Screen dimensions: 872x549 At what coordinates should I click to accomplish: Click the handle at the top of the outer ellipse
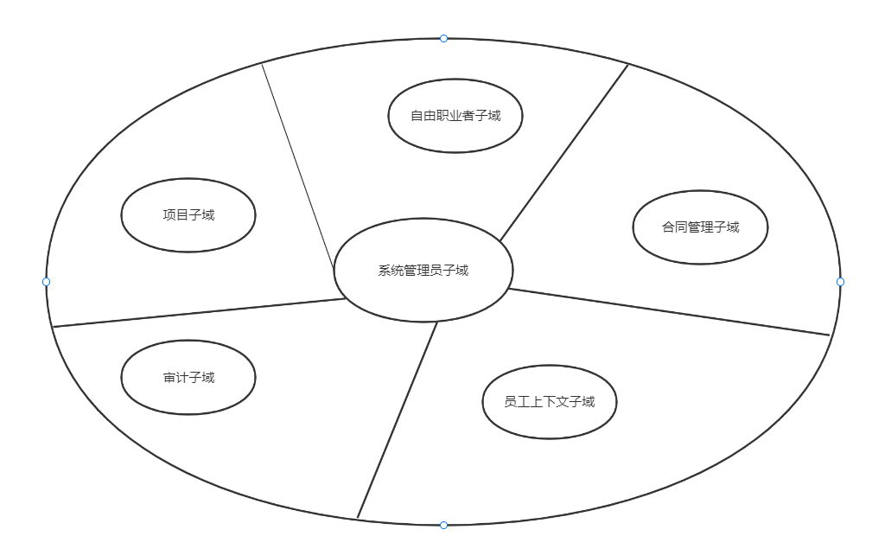(x=443, y=38)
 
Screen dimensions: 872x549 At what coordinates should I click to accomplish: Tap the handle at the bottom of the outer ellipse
(x=443, y=525)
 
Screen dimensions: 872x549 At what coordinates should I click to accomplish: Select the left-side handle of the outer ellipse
(x=47, y=282)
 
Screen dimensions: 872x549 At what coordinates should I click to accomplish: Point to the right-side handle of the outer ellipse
(x=840, y=282)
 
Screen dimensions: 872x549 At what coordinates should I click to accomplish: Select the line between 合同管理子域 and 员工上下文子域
(x=670, y=311)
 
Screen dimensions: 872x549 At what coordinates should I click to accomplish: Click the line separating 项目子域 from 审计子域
(x=199, y=313)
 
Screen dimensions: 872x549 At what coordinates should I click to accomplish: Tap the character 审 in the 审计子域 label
(x=169, y=378)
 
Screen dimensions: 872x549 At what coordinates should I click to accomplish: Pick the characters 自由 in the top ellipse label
(x=423, y=116)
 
